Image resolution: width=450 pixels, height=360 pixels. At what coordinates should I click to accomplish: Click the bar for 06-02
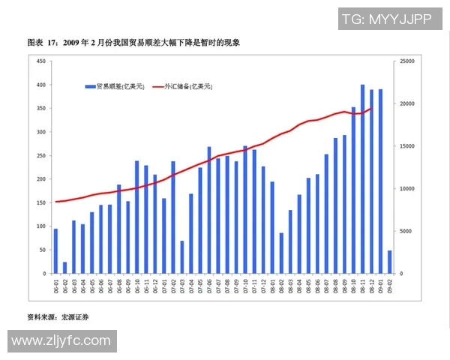pyautogui.click(x=64, y=268)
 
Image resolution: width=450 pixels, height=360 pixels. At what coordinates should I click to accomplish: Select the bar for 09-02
pyautogui.click(x=390, y=262)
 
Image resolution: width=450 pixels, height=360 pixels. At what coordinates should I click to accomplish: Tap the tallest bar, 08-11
pyautogui.click(x=363, y=180)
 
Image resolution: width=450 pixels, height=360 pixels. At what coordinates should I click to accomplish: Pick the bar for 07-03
pyautogui.click(x=182, y=257)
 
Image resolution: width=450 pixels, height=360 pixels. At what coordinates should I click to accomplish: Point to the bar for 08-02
pyautogui.click(x=281, y=253)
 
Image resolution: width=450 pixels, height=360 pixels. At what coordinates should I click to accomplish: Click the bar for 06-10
pyautogui.click(x=137, y=217)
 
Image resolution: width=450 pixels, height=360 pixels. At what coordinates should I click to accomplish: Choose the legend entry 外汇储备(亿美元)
pyautogui.click(x=183, y=87)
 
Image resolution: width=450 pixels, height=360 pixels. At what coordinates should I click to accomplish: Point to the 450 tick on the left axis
pyautogui.click(x=40, y=61)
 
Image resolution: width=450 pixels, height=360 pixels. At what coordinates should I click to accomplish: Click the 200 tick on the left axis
pyautogui.click(x=40, y=179)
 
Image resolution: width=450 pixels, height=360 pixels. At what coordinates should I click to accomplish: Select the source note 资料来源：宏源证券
pyautogui.click(x=58, y=318)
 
